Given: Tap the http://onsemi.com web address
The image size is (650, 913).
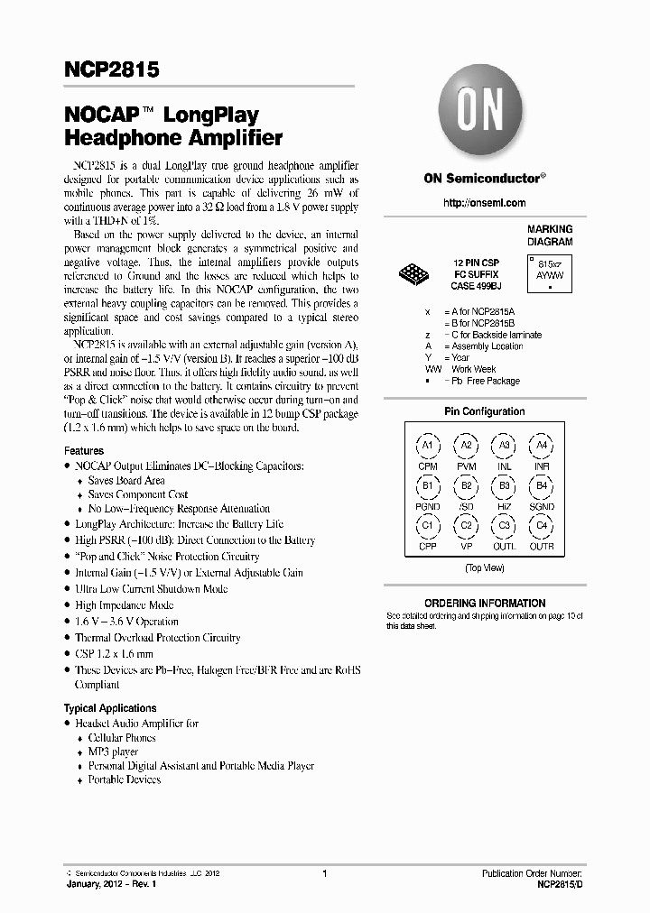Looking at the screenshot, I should coord(484,203).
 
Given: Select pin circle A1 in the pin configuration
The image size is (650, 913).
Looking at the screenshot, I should coord(428,446).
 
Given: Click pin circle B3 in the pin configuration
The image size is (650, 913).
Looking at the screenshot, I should coord(505,487).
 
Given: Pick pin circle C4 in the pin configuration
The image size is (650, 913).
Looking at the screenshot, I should coord(542,526).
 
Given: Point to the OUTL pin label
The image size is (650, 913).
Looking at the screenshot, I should coord(505,547).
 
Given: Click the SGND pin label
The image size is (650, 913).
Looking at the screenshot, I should coord(542,507).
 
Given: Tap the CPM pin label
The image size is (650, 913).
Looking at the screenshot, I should coord(428,466).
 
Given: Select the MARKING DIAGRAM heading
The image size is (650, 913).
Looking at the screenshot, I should coord(550,235).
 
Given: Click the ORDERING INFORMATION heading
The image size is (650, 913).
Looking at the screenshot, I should coord(485,604).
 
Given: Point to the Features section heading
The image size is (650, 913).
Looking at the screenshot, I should coord(84,451).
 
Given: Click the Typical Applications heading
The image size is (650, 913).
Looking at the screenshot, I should coord(110,708).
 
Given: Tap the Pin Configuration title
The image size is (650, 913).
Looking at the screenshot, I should coord(485,411).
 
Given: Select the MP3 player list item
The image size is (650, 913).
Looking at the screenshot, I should coord(113,752).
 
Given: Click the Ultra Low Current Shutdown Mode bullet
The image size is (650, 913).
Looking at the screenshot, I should coord(151,589).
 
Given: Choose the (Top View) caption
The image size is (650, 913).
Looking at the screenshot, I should coord(485,568).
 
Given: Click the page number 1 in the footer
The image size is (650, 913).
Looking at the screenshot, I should coord(324,873).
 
